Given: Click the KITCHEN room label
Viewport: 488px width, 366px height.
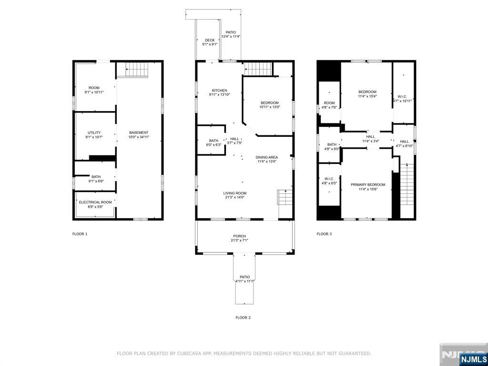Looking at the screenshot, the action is (220, 91).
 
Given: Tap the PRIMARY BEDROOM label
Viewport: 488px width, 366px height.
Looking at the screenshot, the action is (368, 184).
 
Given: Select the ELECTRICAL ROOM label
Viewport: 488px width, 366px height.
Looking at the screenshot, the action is (95, 202).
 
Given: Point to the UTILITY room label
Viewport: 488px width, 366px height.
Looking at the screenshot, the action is (94, 133).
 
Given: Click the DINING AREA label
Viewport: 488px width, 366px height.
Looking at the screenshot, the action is (267, 157).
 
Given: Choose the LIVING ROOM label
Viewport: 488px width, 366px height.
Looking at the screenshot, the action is (234, 193).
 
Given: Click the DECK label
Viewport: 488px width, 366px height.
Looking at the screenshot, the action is (210, 40).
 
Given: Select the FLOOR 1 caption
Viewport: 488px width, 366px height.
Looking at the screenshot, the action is (80, 234).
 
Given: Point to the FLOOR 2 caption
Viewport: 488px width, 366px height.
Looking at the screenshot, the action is (243, 317).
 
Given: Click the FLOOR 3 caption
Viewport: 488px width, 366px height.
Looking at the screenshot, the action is (324, 234).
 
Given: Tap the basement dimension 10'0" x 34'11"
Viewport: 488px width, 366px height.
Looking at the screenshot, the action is (139, 137).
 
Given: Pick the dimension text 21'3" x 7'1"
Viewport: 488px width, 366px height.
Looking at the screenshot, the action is (239, 240).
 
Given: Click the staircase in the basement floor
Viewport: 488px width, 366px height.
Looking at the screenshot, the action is (137, 70).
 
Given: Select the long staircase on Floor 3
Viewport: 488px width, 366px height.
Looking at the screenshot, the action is (407, 184).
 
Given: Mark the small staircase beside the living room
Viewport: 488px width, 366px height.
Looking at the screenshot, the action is (285, 197).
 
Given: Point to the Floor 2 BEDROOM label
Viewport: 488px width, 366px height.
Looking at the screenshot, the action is (270, 103).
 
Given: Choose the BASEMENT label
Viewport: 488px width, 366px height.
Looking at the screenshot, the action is (139, 132).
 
